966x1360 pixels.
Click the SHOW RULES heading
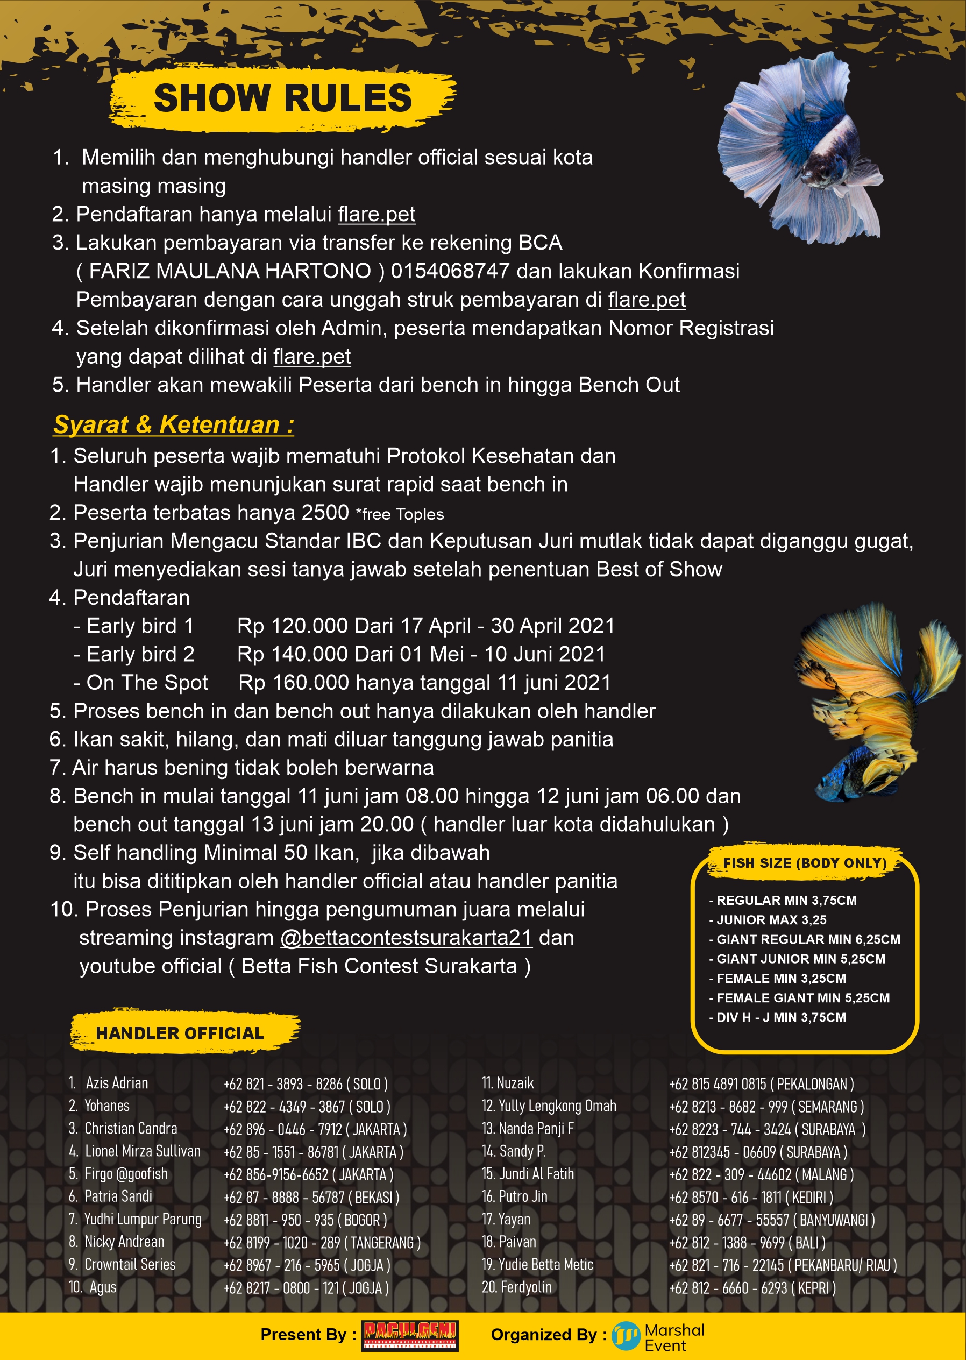click(x=282, y=98)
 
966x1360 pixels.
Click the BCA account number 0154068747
click(x=450, y=271)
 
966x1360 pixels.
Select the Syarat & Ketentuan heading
click(x=173, y=425)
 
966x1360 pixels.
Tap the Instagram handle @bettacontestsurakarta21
click(x=406, y=938)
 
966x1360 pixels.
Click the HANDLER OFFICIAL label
click(x=180, y=1033)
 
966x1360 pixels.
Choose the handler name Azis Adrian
click(x=117, y=1083)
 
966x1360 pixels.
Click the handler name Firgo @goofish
click(x=125, y=1174)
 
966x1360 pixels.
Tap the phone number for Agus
click(x=306, y=1288)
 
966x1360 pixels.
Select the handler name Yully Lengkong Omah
click(x=557, y=1106)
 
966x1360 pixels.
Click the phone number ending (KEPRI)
click(x=752, y=1288)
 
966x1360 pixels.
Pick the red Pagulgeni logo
click(x=410, y=1336)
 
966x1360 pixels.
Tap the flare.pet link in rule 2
click(x=376, y=214)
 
